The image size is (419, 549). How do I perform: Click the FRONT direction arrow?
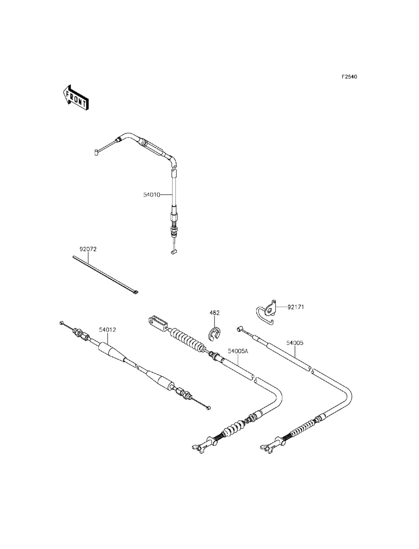[75, 97]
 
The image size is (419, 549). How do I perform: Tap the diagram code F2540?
[349, 77]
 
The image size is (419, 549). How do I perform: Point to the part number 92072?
[88, 249]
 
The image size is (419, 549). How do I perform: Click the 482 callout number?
[215, 312]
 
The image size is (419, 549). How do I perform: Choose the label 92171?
[295, 307]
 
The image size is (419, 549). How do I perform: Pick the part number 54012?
[107, 330]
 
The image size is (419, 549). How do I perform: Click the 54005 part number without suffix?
[295, 343]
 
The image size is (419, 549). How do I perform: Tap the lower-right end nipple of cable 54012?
[208, 407]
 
